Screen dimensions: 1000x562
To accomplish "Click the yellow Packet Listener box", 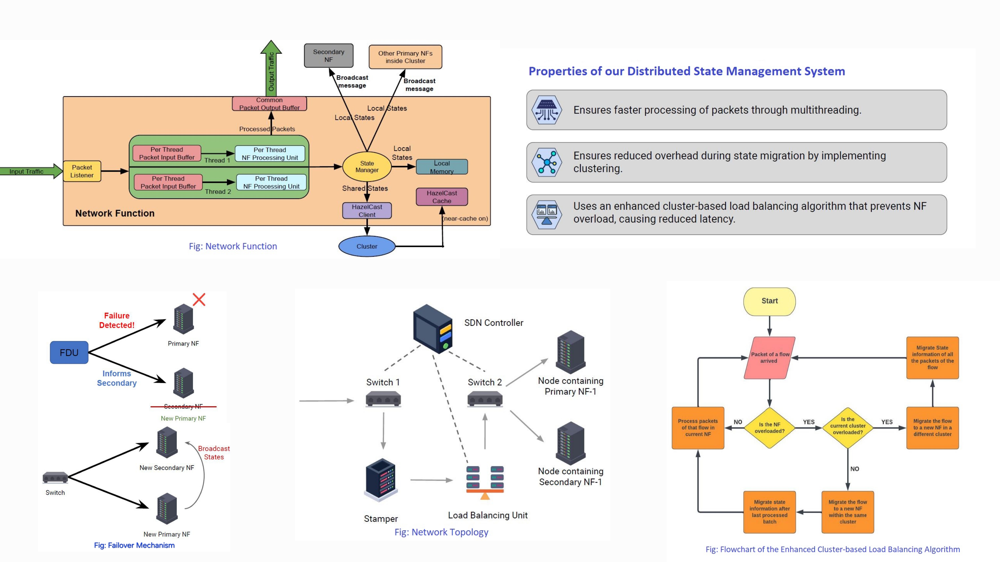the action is point(82,171).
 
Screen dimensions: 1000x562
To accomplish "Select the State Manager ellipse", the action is point(367,167).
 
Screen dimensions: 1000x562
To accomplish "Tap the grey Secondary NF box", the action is point(328,55).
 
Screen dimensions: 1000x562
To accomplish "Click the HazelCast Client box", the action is point(367,210).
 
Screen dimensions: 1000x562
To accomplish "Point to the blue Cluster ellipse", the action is point(367,246).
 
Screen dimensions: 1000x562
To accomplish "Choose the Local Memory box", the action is point(442,167).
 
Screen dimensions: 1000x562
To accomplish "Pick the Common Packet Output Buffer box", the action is point(270,104).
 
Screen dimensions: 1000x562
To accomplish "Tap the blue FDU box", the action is point(69,352).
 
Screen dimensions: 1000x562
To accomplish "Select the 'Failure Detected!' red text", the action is point(117,320).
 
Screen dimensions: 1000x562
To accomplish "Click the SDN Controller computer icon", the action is point(433,329).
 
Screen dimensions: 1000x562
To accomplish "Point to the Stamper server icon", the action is point(381,480).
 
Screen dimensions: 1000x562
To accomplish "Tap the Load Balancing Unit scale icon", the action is point(485,482).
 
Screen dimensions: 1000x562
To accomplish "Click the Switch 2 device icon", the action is point(485,399).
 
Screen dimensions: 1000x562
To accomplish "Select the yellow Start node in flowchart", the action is point(770,301).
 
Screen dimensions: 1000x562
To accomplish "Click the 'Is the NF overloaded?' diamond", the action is point(770,428).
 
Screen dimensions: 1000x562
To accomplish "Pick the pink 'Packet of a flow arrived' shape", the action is point(770,357).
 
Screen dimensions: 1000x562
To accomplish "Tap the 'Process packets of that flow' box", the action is point(698,428).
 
